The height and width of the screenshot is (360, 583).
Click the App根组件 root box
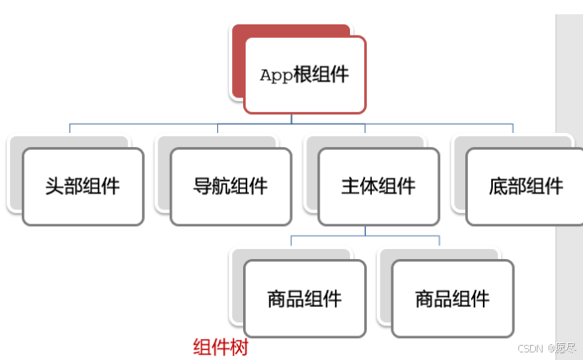(305, 74)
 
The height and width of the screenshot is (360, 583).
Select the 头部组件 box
(82, 186)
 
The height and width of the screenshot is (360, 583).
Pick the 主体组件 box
(379, 186)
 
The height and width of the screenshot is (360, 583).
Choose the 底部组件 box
(524, 186)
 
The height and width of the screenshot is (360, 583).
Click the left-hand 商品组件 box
(305, 299)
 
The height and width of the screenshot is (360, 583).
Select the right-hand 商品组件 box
(452, 299)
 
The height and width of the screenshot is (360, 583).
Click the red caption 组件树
(220, 347)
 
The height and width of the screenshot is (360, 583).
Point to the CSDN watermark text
(527, 347)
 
